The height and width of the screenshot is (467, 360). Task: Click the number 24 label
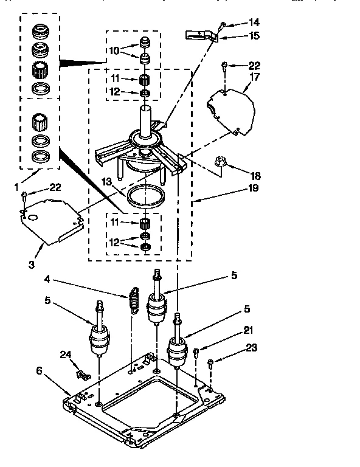click(65, 355)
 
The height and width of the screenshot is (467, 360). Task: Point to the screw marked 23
click(210, 365)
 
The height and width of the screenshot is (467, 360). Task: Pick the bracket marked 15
click(200, 35)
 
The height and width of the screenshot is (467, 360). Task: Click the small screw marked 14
click(223, 26)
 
